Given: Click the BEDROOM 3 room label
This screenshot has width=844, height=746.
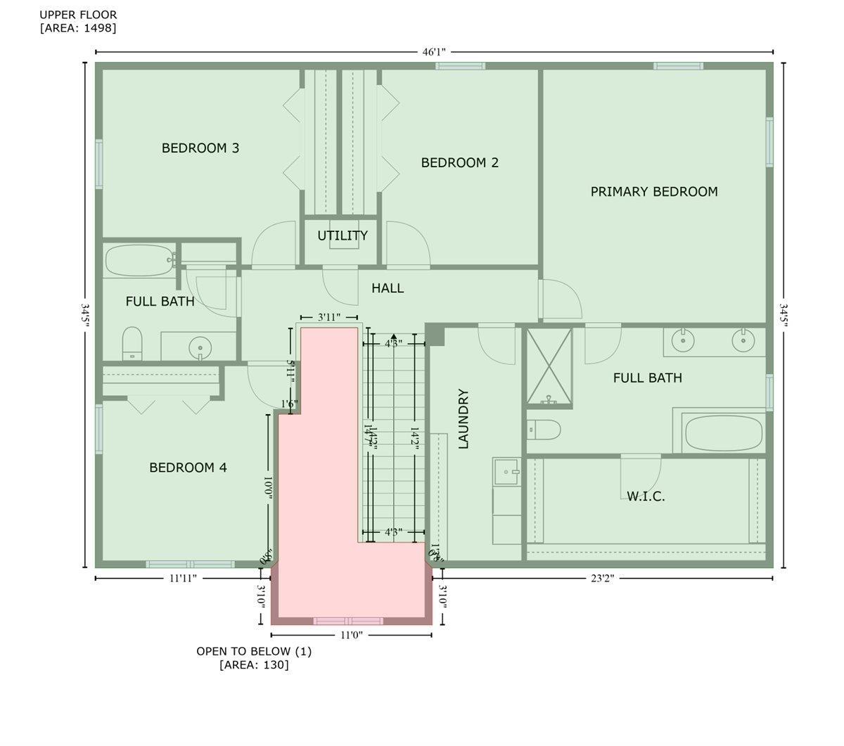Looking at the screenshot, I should [200, 148].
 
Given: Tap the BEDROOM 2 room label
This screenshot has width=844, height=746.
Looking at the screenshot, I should [460, 162].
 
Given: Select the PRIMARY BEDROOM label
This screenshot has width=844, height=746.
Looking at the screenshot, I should [654, 191].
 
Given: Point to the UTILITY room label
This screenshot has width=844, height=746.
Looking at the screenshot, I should [343, 236].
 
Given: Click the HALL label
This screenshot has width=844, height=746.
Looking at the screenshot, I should [388, 288].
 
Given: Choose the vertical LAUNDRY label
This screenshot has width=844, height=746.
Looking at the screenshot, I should [463, 419].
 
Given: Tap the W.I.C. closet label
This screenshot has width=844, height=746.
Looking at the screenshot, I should [646, 496].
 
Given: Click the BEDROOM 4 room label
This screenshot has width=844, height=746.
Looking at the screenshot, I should [188, 468].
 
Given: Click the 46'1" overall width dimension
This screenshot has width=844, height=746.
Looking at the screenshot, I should [434, 52].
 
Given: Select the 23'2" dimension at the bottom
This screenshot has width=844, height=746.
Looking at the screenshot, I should [603, 578].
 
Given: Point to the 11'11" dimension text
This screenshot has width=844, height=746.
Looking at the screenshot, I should [183, 578].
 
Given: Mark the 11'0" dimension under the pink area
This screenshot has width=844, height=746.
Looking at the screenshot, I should [351, 635].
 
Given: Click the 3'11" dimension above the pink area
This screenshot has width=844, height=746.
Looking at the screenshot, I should [328, 317].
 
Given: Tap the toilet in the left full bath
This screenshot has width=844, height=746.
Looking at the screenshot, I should [132, 342].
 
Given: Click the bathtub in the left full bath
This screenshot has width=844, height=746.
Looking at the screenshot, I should [139, 261].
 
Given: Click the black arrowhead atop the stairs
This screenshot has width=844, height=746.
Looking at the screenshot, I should [394, 337].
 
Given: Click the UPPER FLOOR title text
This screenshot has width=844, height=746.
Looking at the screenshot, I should [78, 15].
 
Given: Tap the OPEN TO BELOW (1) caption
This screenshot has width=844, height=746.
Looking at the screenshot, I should [254, 651].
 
